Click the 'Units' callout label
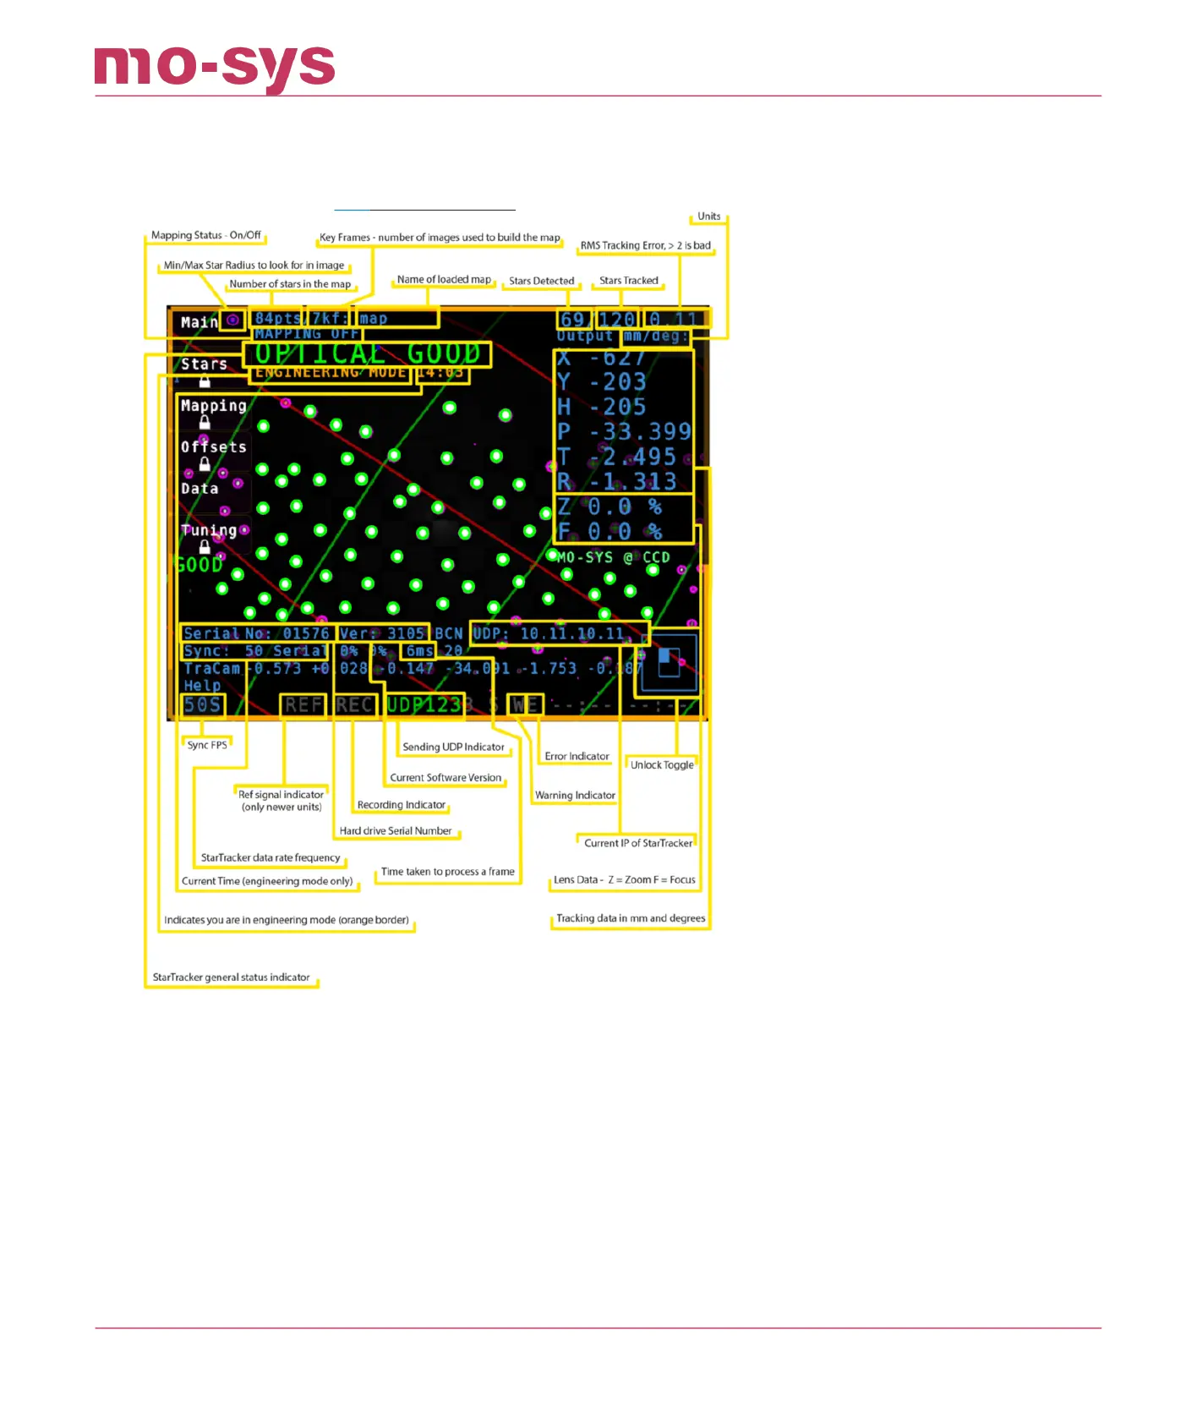click(708, 216)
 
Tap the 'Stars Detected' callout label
click(541, 281)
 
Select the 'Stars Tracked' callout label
click(628, 281)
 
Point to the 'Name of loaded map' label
click(444, 280)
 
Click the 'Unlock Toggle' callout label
click(662, 765)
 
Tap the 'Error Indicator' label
click(577, 757)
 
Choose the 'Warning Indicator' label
click(575, 796)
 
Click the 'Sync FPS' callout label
click(207, 745)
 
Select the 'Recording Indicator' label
click(401, 805)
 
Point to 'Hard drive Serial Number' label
click(396, 831)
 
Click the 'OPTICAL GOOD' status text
click(368, 353)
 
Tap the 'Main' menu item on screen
click(199, 322)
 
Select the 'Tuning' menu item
click(209, 530)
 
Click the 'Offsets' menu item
click(213, 446)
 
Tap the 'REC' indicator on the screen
click(354, 705)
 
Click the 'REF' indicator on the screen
click(303, 705)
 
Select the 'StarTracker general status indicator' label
click(231, 978)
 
